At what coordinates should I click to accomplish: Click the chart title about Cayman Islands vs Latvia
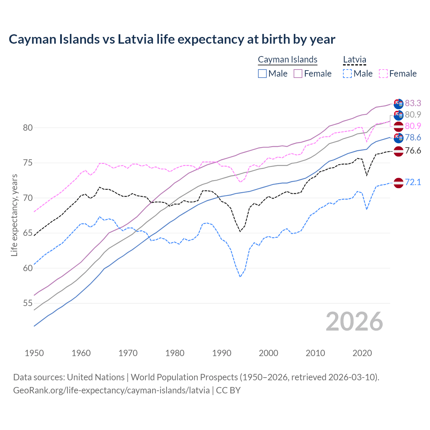(x=172, y=39)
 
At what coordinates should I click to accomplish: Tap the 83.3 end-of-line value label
(x=413, y=103)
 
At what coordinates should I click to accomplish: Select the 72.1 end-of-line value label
(x=413, y=182)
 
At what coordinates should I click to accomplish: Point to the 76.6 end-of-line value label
(x=413, y=150)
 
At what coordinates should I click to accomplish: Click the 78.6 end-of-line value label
(x=413, y=137)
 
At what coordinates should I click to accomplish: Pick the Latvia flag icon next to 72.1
(x=398, y=183)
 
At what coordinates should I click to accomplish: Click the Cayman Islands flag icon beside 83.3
(x=398, y=104)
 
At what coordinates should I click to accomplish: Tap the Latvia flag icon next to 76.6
(x=398, y=151)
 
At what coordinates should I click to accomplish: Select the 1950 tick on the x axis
(x=34, y=353)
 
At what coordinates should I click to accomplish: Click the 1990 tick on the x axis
(x=222, y=353)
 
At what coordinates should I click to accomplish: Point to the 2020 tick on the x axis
(x=362, y=353)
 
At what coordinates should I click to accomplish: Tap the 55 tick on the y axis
(x=28, y=303)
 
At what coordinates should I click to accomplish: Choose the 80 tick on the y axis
(x=28, y=128)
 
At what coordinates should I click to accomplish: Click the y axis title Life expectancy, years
(x=14, y=215)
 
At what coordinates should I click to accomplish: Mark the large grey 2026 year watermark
(x=354, y=322)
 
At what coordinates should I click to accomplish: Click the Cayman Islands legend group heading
(x=288, y=59)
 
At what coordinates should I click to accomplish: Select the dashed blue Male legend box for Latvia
(x=347, y=74)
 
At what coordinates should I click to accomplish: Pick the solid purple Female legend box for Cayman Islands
(x=298, y=74)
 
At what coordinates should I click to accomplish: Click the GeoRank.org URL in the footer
(x=111, y=390)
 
